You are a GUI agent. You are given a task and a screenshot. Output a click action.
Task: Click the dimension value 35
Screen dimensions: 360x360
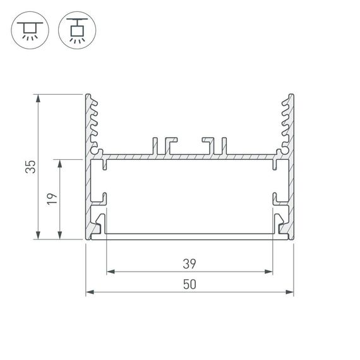tap(29, 167)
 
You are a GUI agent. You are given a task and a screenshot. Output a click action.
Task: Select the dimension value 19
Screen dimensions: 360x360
tap(52, 199)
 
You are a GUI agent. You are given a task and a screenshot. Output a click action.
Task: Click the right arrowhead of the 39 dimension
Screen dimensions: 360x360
tap(269, 272)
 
